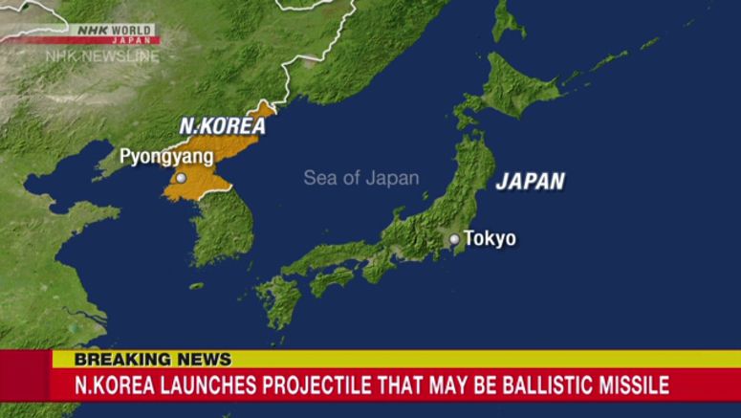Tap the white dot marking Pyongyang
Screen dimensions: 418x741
pos(181,178)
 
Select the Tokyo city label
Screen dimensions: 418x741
pos(490,238)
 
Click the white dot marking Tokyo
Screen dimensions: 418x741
pos(454,239)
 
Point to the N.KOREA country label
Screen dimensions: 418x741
pos(223,125)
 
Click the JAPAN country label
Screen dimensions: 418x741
pos(530,182)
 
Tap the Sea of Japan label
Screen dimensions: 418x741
pos(360,178)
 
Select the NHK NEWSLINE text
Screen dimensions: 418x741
pos(102,55)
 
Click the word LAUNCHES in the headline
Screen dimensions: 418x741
pos(194,385)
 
